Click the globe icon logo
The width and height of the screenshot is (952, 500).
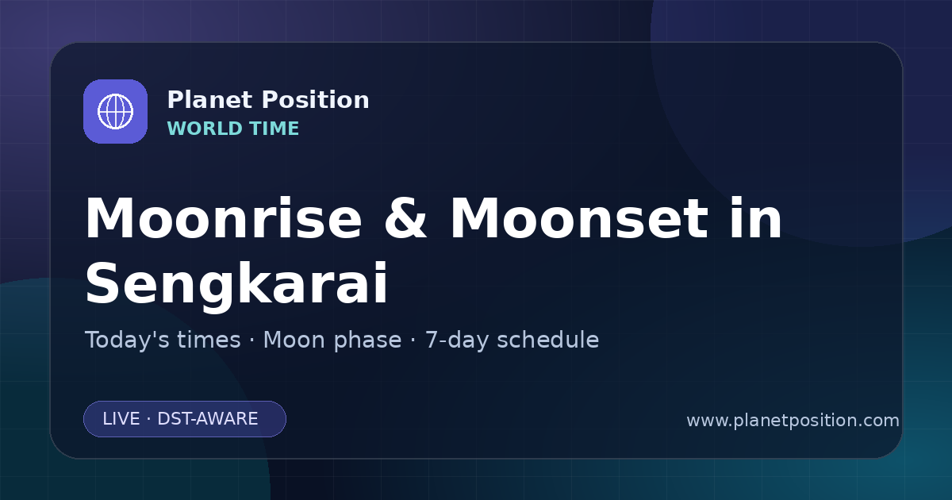click(115, 111)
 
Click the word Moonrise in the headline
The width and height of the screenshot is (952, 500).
click(224, 218)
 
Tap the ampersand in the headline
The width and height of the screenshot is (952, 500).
click(405, 218)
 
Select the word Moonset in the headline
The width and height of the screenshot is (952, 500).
click(579, 218)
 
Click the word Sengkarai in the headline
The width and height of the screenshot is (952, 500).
click(236, 285)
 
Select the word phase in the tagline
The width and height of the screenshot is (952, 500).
click(367, 340)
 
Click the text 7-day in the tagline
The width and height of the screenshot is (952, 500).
click(455, 340)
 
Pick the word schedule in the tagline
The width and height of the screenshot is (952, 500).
click(548, 340)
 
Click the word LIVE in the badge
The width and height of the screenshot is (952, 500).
click(121, 419)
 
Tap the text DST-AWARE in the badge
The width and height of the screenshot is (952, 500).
click(207, 419)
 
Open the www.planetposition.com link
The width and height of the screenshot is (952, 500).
click(793, 421)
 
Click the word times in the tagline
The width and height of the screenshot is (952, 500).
click(209, 340)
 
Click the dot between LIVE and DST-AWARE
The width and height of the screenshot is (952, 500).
click(149, 419)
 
